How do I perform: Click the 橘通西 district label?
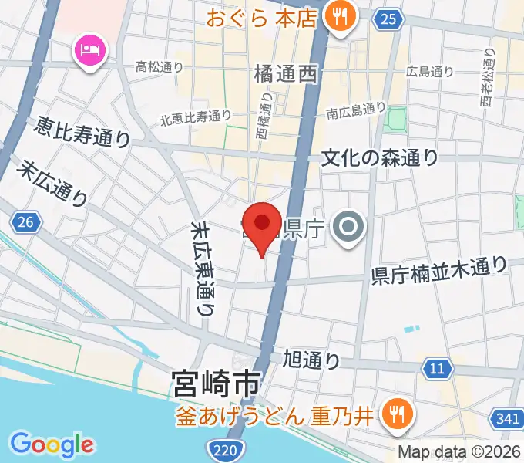tap(285, 74)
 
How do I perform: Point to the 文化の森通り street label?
tap(380, 157)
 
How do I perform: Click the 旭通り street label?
tap(311, 358)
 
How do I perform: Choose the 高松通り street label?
tap(159, 67)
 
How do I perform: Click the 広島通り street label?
tap(430, 72)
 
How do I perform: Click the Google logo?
tap(52, 444)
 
